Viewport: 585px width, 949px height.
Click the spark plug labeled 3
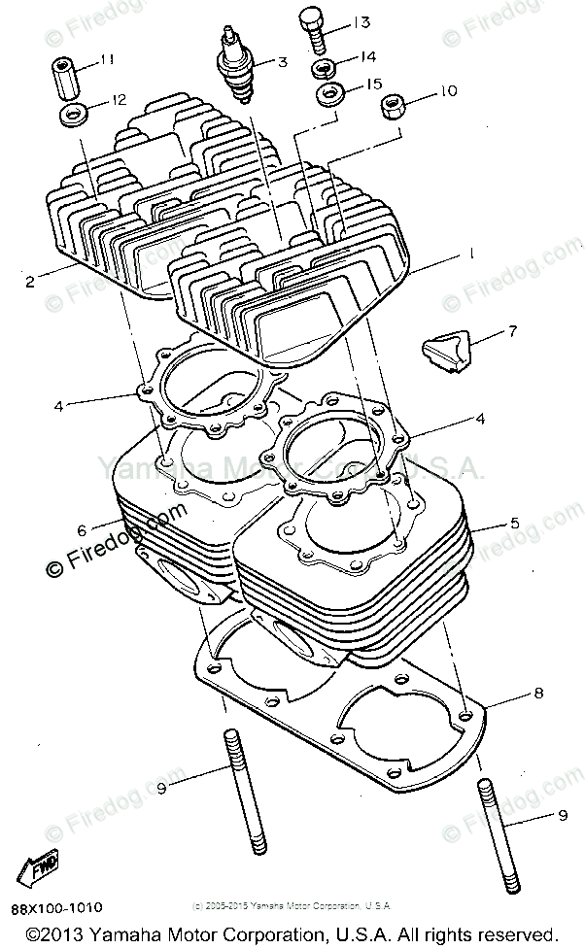(236, 69)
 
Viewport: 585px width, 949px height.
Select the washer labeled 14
(325, 68)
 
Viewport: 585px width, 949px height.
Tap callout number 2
(30, 282)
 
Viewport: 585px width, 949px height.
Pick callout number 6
(82, 529)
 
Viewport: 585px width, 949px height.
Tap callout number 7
(511, 331)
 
